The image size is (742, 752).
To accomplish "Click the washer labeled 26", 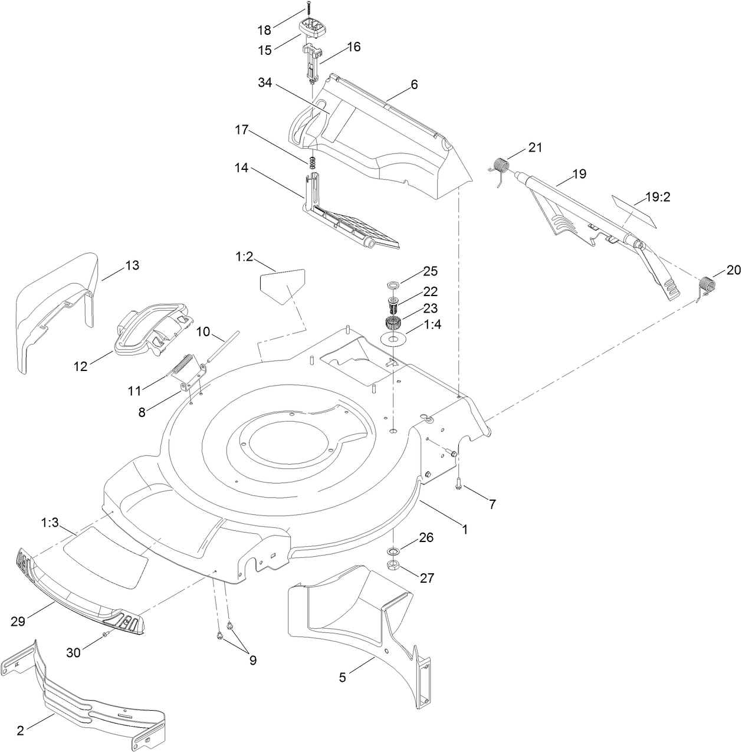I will click(392, 551).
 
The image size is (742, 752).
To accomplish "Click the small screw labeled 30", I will click(104, 635).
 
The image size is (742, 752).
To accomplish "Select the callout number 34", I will click(265, 83).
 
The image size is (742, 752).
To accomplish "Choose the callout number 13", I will click(132, 265).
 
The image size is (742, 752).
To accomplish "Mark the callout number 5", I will click(343, 678).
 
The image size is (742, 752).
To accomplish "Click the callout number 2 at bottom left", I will click(21, 731).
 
